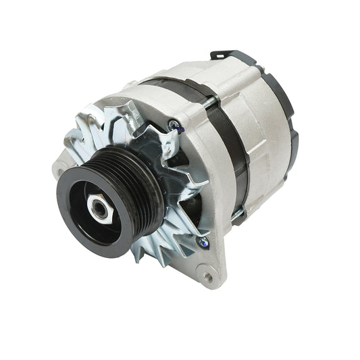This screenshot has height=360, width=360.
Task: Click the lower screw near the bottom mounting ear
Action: [x=203, y=241]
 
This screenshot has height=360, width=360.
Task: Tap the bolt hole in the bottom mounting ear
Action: [x=207, y=275]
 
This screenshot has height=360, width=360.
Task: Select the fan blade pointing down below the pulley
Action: [x=145, y=253]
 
